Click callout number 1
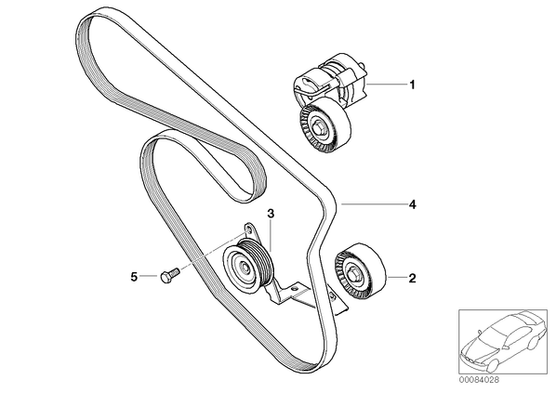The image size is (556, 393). click(x=412, y=85)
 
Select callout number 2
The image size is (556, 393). click(x=412, y=278)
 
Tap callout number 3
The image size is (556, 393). click(x=271, y=214)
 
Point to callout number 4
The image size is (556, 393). click(x=412, y=204)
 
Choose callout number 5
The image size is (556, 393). click(x=134, y=277)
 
